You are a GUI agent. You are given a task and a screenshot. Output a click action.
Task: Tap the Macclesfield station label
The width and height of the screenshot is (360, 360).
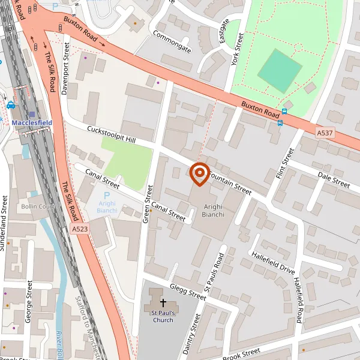coord(32,122)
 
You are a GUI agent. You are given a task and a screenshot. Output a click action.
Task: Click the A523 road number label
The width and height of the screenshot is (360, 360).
coord(80,229)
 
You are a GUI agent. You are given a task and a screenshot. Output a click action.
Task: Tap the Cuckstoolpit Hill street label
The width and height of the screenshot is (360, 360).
coord(112,134)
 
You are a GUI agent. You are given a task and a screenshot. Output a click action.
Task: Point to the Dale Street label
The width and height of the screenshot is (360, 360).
coord(334,179)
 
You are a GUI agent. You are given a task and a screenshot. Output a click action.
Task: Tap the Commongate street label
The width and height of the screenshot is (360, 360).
coord(172,41)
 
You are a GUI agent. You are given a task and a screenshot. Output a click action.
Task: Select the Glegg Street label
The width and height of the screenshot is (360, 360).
coord(188,292)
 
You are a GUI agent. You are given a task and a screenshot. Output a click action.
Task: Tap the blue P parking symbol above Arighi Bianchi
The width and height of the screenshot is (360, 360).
coord(107,196)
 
